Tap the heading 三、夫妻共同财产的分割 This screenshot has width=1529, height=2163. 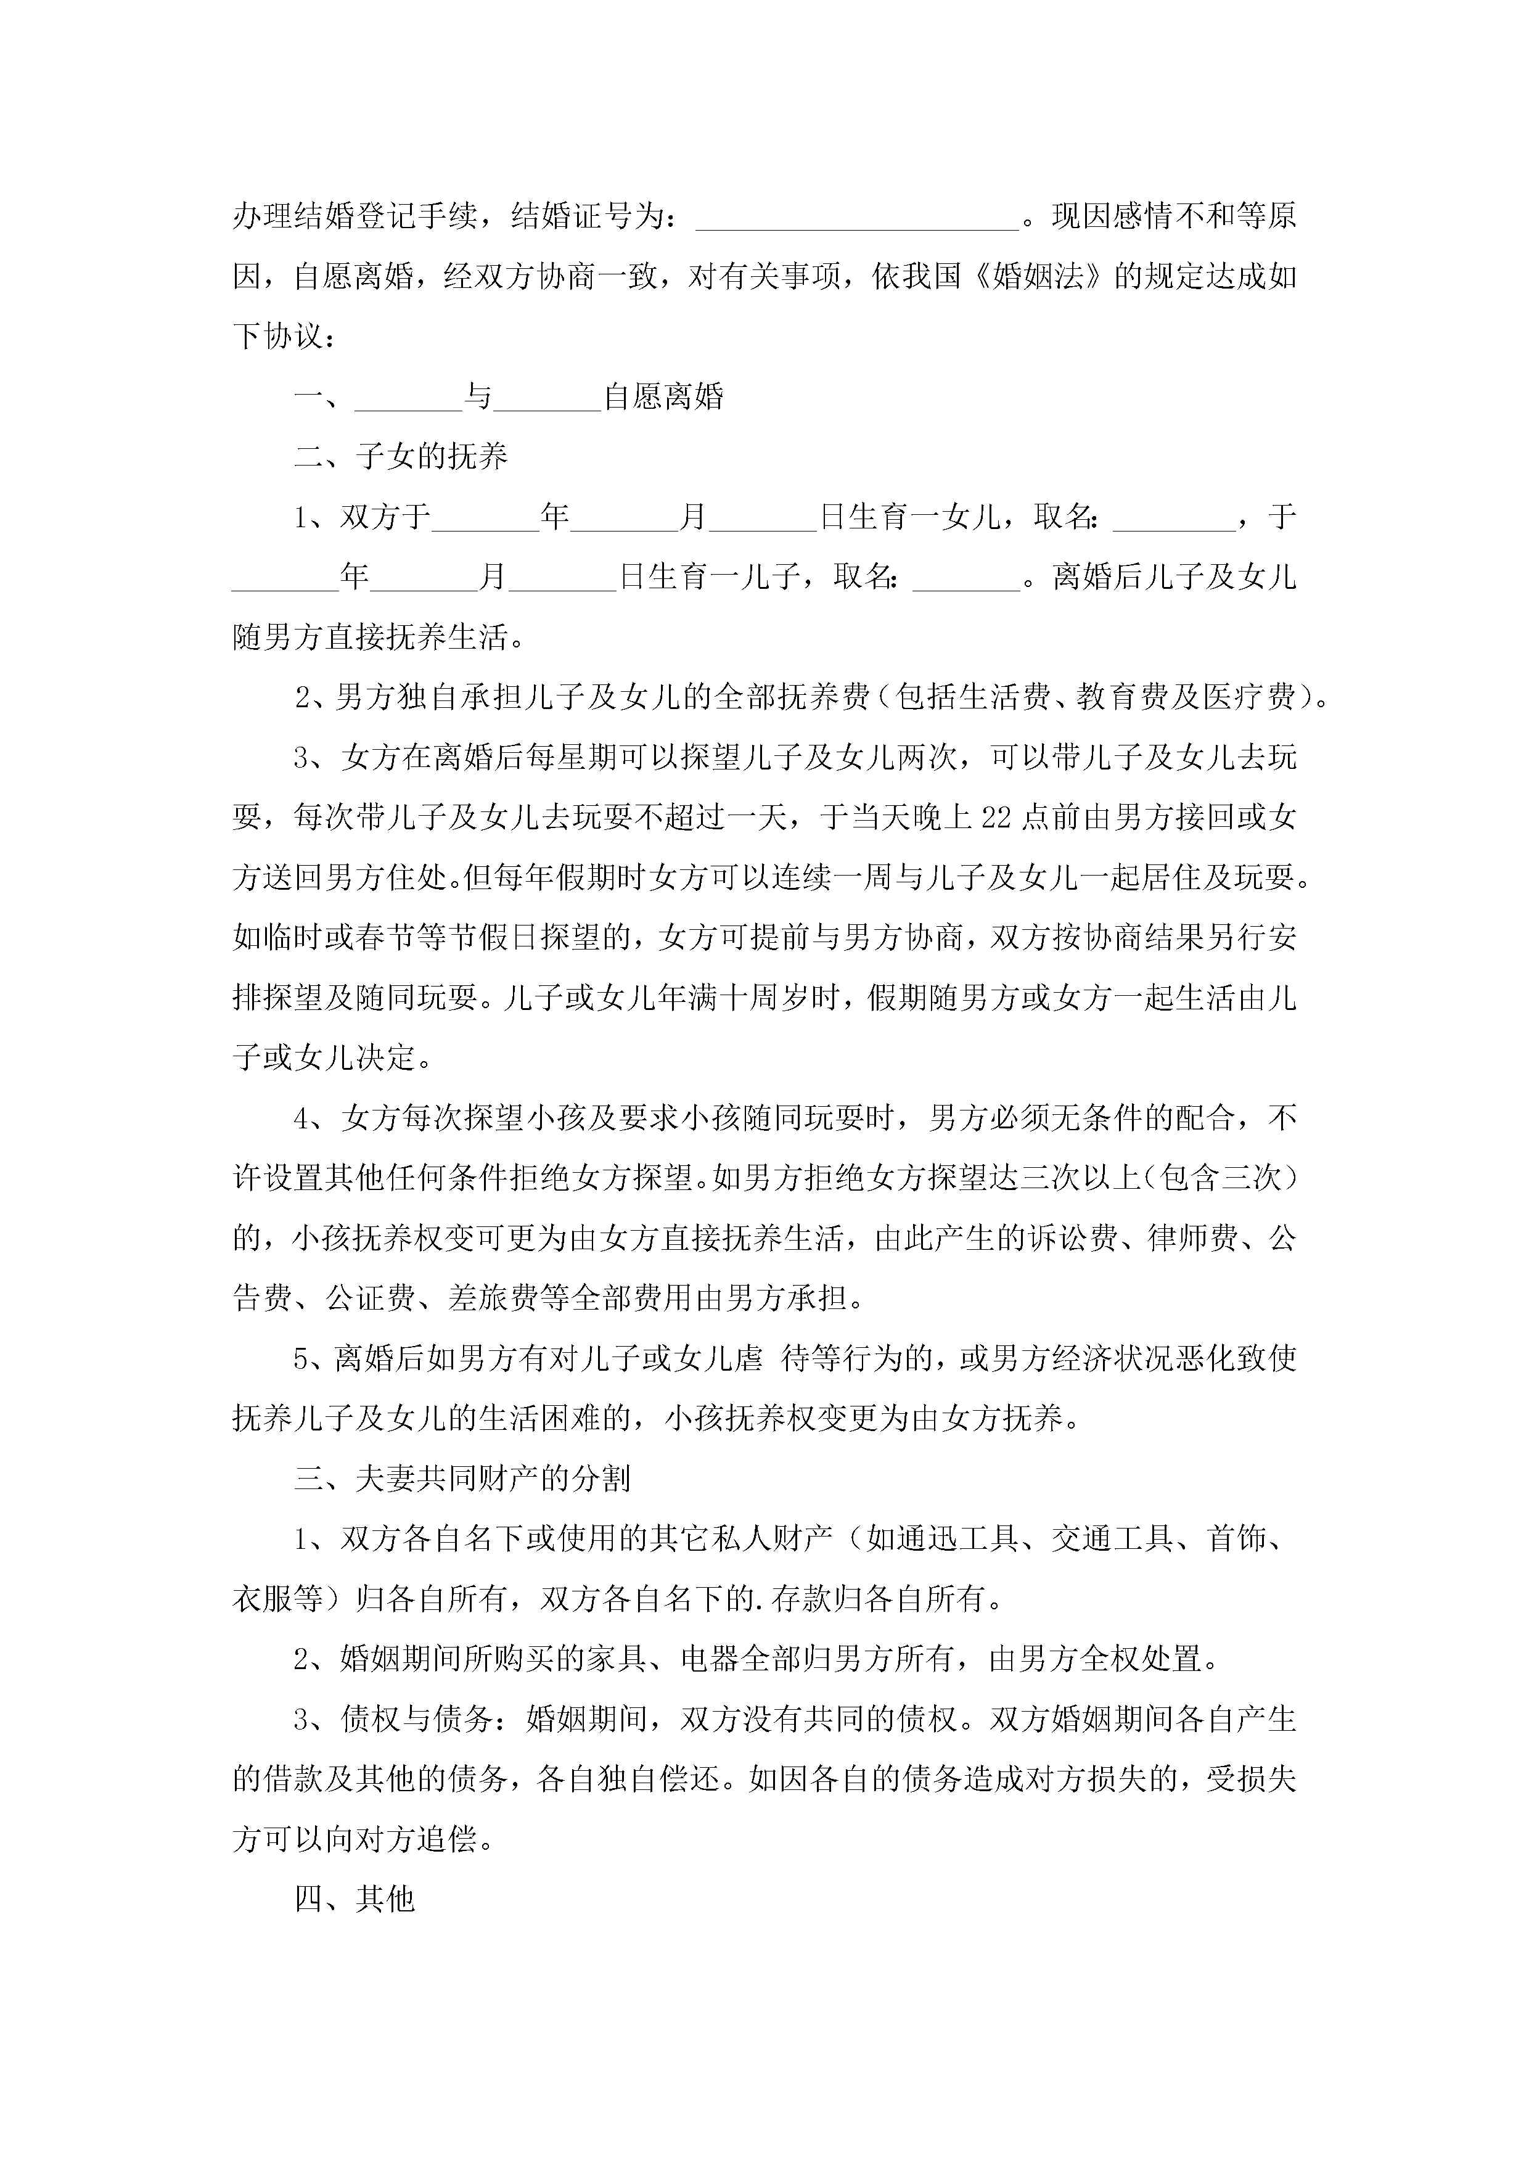(462, 1478)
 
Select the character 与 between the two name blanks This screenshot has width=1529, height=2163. (478, 396)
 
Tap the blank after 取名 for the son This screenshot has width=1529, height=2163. (967, 577)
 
